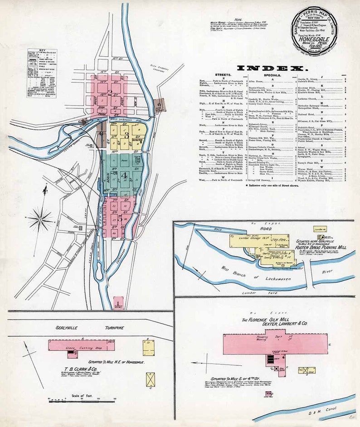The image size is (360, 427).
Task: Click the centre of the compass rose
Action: click(40, 219)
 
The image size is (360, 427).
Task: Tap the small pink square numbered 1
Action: click(118, 301)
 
